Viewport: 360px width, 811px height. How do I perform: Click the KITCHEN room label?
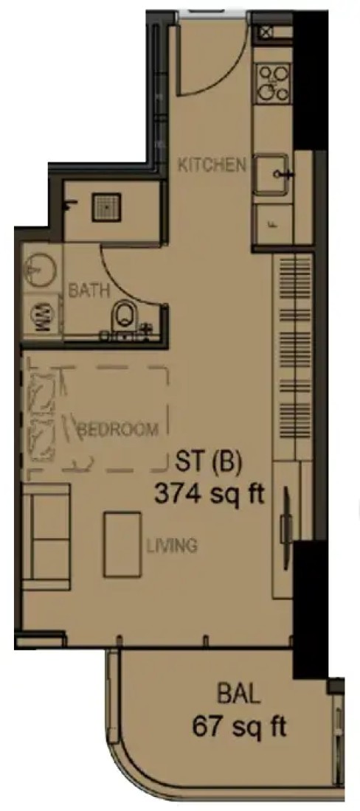pos(212,165)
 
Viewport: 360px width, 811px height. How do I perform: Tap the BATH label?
pos(89,290)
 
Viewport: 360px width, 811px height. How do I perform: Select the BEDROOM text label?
pos(118,429)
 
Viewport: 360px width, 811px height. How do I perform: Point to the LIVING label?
pos(172,545)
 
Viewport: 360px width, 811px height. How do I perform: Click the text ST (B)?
pos(209,462)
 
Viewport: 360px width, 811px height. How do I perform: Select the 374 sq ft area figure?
pos(210,495)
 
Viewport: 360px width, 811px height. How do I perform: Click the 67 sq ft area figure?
pos(240,728)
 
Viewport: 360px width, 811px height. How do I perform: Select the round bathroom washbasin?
pos(41,269)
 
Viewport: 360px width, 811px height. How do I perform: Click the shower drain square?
pos(106,207)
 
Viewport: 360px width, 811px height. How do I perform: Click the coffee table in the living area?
pos(122,544)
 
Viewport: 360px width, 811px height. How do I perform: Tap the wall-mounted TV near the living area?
pos(285,521)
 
